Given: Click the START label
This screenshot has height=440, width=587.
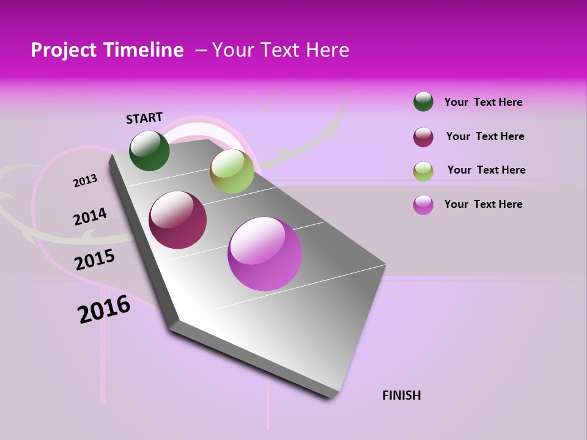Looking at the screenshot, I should click(x=144, y=118).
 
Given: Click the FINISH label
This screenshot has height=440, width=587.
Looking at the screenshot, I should click(x=402, y=395).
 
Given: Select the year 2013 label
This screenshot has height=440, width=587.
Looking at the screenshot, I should click(x=86, y=180).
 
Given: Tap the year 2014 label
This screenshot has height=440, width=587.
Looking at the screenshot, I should click(x=90, y=217).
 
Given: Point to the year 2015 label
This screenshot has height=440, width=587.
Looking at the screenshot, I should click(x=95, y=260).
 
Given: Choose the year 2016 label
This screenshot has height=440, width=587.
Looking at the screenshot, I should click(x=104, y=309).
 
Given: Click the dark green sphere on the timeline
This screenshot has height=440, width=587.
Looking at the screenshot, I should click(x=150, y=150).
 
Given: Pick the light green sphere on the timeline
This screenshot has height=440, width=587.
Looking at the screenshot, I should click(x=232, y=171).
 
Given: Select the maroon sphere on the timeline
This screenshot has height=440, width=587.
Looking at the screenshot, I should click(x=178, y=220).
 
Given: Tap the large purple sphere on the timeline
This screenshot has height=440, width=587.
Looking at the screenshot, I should click(x=265, y=254).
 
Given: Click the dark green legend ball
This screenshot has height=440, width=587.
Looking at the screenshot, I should click(x=423, y=101).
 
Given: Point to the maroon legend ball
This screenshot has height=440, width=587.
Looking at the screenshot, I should click(x=423, y=137).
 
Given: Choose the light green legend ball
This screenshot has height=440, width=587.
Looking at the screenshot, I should click(x=423, y=171).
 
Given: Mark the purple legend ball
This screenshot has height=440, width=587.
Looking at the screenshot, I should click(x=423, y=205).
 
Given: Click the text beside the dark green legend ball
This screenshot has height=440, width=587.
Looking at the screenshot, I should click(x=484, y=102).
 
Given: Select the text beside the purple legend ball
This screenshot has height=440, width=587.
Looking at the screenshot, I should click(x=484, y=204).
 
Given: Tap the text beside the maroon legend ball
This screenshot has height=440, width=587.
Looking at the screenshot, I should click(x=485, y=136).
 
